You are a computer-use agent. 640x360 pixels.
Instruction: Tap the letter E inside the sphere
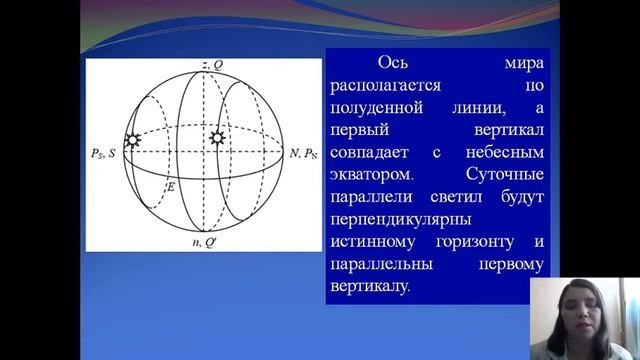[x=171, y=187]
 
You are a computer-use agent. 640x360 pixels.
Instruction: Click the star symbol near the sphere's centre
[x=213, y=136]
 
